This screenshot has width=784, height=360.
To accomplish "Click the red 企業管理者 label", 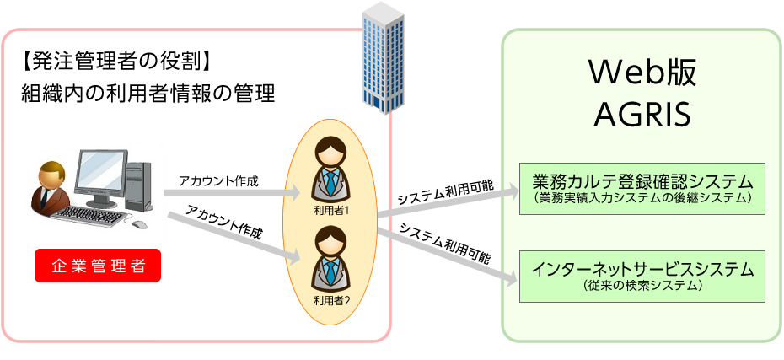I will (x=98, y=266).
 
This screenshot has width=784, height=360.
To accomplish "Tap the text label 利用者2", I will (x=330, y=298).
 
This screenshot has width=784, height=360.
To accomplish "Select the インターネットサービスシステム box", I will (x=642, y=276).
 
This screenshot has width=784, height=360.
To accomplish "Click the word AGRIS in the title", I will (x=642, y=111).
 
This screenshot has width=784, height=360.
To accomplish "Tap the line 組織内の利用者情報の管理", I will (x=148, y=94).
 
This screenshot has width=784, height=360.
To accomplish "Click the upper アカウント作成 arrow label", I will (x=217, y=180).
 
